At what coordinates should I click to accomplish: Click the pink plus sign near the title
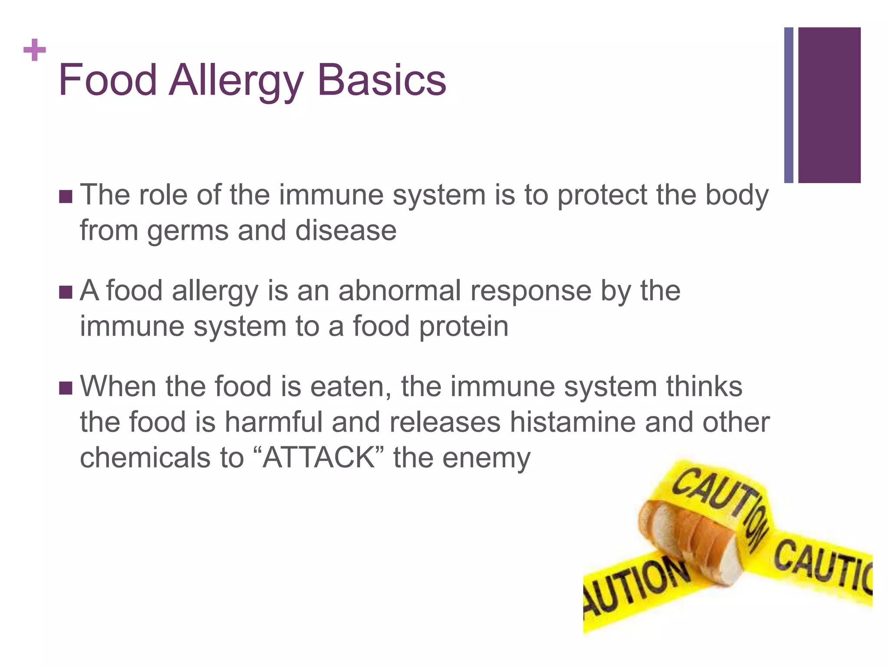(x=35, y=50)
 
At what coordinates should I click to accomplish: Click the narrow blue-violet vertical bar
(x=789, y=105)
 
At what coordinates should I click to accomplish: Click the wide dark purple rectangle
(x=829, y=105)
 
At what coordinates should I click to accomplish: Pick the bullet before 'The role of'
(x=66, y=196)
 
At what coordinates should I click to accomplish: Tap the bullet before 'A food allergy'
(x=66, y=292)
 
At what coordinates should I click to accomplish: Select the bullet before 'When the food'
(x=66, y=388)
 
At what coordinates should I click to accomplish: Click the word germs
(x=188, y=231)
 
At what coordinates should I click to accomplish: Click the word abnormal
(x=399, y=291)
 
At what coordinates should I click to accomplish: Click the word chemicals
(x=145, y=458)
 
